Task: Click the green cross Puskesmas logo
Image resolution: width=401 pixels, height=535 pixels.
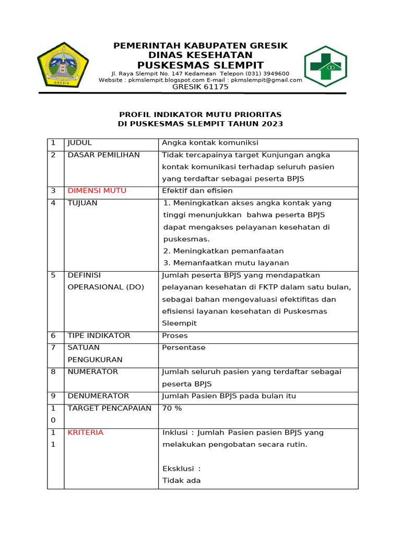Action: [x=325, y=66]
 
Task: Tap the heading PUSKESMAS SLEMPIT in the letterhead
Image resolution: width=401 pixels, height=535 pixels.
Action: [x=200, y=65]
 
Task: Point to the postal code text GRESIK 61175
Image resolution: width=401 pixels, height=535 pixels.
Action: [x=200, y=87]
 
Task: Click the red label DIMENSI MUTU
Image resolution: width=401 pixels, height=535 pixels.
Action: [x=97, y=191]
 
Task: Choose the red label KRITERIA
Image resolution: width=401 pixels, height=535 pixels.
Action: [x=85, y=433]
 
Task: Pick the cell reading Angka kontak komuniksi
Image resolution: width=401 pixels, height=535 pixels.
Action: [x=210, y=143]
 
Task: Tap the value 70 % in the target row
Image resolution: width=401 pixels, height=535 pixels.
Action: [x=172, y=408]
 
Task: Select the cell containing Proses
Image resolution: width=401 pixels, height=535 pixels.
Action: [x=174, y=335]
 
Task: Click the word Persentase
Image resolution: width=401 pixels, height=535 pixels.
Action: [x=183, y=347]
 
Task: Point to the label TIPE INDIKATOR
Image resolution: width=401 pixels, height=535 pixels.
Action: [x=99, y=335]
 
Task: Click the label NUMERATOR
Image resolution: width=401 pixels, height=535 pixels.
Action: [x=92, y=371]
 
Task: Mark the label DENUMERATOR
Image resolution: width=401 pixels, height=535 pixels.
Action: [x=98, y=396]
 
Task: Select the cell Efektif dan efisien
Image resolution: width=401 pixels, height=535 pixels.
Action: [x=197, y=191]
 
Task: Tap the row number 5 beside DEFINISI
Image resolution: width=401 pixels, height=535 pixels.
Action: [x=53, y=275]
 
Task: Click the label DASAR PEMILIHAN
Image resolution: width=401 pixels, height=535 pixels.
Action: [x=103, y=155]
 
